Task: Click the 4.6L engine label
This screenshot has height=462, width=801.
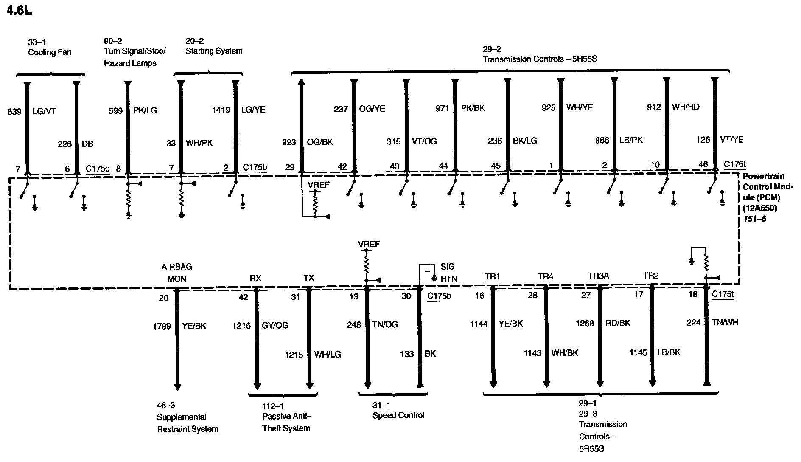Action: coord(20,10)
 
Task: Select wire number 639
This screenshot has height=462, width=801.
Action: coord(14,112)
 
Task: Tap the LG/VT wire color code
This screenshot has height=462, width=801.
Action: coord(44,112)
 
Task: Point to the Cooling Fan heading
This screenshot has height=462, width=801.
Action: coord(49,53)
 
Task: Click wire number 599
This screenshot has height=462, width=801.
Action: coord(116,111)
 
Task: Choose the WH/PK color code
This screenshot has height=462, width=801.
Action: coord(199,143)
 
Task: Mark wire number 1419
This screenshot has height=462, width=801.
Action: coord(221,110)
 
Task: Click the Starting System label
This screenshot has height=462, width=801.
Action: coord(214,51)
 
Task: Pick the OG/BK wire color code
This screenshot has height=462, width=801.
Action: coord(320,142)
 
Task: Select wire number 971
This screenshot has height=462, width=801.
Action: coord(442,109)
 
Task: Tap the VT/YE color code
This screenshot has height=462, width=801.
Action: coord(731,140)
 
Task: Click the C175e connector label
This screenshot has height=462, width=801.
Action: coord(98,169)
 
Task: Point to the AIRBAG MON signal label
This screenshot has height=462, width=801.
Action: coord(177,273)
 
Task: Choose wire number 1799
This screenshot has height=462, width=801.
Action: coord(162,326)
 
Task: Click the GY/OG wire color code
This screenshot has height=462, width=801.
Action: coord(275,325)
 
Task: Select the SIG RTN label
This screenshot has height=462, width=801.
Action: coord(448,273)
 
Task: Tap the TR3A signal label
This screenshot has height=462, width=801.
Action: coord(598,276)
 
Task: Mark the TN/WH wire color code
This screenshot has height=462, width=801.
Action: coord(725,323)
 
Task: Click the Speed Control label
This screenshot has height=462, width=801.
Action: coord(398,415)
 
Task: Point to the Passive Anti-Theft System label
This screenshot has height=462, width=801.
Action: coord(286,423)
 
